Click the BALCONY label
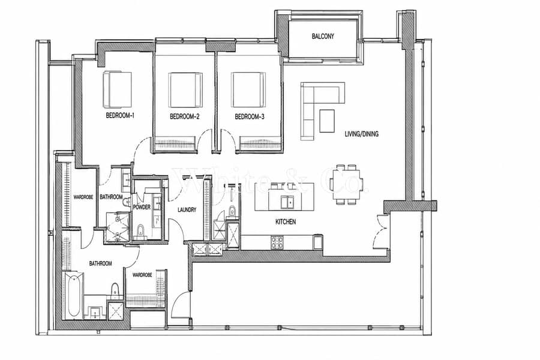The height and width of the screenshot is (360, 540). click(323, 36)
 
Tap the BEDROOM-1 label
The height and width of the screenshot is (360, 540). click(120, 116)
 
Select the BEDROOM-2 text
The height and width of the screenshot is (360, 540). click(185, 116)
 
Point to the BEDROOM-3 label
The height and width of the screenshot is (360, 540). click(250, 116)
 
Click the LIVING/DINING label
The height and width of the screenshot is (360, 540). click(362, 134)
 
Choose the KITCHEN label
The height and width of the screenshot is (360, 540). click(286, 222)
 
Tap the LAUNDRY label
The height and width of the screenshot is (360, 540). click(187, 209)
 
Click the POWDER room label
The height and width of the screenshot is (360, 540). click(142, 207)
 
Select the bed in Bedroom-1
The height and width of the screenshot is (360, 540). click(117, 89)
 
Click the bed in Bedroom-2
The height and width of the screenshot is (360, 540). click(185, 90)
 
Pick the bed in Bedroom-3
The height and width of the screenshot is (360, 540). click(248, 90)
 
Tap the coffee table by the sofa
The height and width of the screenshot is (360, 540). click(327, 121)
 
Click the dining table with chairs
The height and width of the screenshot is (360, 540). click(346, 184)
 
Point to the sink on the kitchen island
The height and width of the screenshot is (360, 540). click(287, 202)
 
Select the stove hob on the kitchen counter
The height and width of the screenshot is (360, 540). click(277, 242)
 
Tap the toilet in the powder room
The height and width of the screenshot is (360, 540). click(140, 232)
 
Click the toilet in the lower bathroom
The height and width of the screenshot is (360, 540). click(115, 291)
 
